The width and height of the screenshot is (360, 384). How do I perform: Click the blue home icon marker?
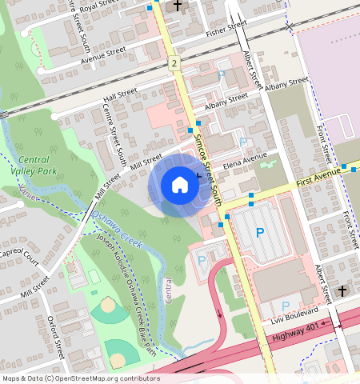(x=180, y=186)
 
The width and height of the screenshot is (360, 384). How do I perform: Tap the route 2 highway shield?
(x=174, y=62)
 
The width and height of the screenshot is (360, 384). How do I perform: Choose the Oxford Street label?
(x=56, y=336)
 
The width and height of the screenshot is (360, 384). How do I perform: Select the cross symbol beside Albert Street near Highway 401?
(x=342, y=290)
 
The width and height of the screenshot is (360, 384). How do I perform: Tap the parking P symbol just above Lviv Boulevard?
(x=285, y=306)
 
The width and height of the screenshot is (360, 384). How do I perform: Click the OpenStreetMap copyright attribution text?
(x=81, y=378)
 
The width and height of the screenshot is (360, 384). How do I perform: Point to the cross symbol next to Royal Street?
(x=178, y=5)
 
